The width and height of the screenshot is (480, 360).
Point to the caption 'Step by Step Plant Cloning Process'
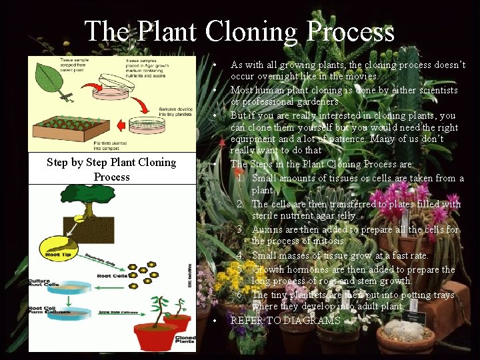[x=111, y=169]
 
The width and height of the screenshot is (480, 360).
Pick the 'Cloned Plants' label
[x=185, y=338]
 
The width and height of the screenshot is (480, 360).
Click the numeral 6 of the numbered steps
[x=239, y=295]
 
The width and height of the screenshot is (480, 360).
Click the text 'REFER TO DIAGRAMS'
[x=285, y=321]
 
